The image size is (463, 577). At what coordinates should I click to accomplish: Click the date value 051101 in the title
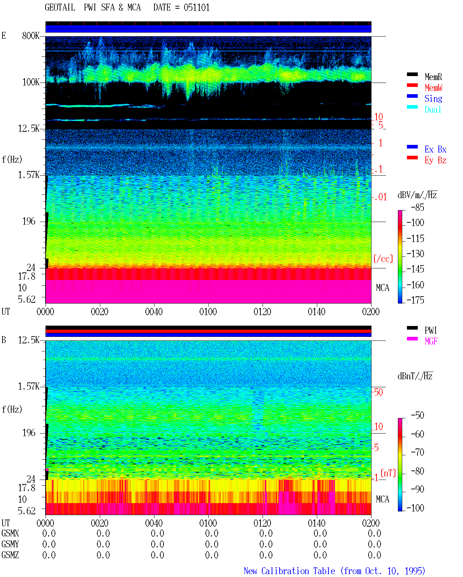coord(196,8)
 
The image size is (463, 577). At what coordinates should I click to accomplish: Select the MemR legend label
coord(433,77)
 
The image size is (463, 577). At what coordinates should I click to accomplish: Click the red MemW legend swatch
coord(412,85)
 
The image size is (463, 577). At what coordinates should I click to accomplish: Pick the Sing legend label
coord(433,99)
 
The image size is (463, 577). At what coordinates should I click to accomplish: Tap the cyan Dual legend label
coord(433,109)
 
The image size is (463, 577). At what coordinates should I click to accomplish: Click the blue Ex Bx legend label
coord(435,149)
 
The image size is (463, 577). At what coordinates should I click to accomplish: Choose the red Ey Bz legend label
coord(435,160)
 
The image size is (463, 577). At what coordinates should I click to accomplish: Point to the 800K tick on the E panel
coord(30,35)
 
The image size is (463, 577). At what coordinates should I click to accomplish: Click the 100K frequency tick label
coord(30,82)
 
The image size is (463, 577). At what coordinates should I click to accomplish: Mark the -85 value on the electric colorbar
coord(417,207)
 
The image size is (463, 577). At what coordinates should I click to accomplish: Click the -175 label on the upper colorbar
coord(415,300)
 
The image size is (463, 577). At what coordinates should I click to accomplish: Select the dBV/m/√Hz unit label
coord(417,195)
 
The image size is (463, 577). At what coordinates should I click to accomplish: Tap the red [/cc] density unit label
coord(383,259)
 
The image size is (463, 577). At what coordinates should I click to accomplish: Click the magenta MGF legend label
coord(431,341)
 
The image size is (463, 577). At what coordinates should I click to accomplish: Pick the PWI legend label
coord(430,330)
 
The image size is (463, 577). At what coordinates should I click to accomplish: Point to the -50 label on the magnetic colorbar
coord(417,415)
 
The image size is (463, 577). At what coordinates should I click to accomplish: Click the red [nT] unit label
coord(388,473)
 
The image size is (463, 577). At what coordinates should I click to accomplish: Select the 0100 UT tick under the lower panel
coord(208,523)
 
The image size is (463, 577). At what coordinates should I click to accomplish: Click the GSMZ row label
coord(10,555)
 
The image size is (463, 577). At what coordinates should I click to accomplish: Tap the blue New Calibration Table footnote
coord(334,571)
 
